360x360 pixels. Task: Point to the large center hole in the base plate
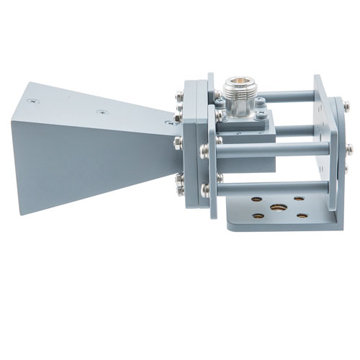276,208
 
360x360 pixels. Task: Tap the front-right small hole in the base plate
303,215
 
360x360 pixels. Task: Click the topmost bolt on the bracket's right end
346,107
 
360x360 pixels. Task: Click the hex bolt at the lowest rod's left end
206,189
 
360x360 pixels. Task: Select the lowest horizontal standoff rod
274,189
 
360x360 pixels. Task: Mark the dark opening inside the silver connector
237,81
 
